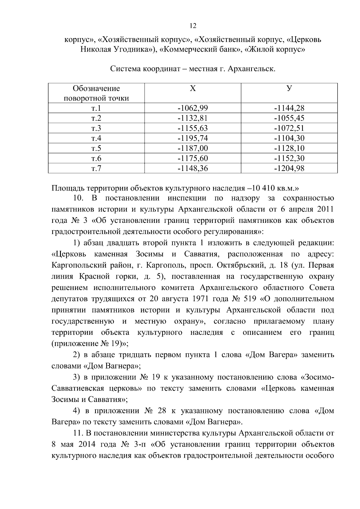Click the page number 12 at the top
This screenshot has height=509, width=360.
193,26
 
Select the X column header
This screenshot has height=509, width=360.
193,88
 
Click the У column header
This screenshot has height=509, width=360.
289,88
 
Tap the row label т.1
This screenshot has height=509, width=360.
96,108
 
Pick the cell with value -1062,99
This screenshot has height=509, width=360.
193,108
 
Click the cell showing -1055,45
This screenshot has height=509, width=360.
289,118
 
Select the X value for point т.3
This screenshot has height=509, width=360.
193,128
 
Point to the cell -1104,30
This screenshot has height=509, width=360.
289,138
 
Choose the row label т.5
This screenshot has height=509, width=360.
96,148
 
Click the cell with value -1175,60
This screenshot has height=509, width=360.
193,158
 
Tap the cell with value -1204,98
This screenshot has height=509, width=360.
289,169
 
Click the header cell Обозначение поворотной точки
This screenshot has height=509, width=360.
96,93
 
